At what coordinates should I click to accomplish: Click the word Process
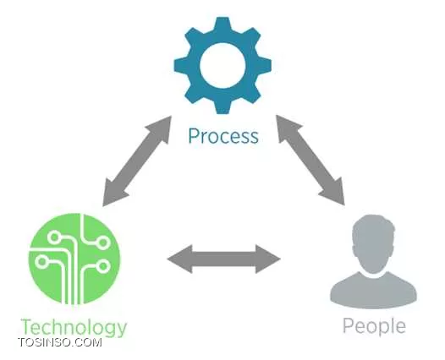[223, 136]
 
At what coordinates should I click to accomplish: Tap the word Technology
[74, 327]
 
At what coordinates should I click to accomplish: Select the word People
[374, 326]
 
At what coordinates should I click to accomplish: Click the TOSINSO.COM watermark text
[60, 342]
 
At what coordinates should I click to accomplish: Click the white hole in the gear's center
[222, 65]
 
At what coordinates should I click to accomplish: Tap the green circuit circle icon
[74, 259]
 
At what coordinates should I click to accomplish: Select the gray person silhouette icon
[373, 262]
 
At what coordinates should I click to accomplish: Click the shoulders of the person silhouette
[373, 292]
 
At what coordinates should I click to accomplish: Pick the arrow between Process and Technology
[137, 161]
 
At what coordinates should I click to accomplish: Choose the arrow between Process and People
[310, 160]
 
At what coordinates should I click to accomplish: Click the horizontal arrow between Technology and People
[224, 259]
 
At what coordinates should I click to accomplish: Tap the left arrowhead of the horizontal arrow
[179, 259]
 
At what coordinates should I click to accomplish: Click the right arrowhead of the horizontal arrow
[268, 259]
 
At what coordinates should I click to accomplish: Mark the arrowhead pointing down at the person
[333, 191]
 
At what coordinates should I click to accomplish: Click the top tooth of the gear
[222, 25]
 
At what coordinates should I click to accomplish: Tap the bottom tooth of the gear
[222, 106]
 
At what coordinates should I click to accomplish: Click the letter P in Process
[194, 136]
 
